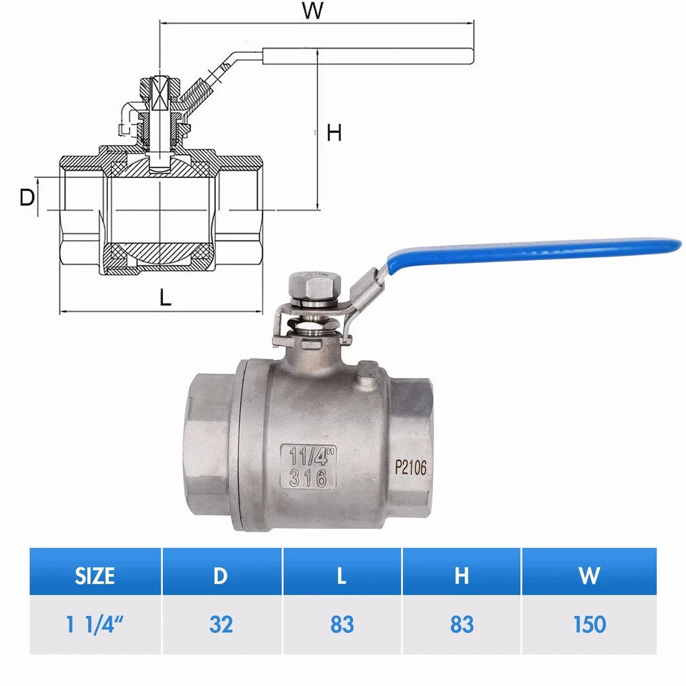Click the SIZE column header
95,575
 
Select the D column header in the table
222,575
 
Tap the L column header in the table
342,575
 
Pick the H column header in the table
462,575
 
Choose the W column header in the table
589,575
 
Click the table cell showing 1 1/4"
95,625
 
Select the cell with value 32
222,625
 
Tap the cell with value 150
589,625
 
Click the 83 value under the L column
342,625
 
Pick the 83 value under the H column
462,625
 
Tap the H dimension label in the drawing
334,133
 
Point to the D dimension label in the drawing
27,198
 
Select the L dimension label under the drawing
165,298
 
